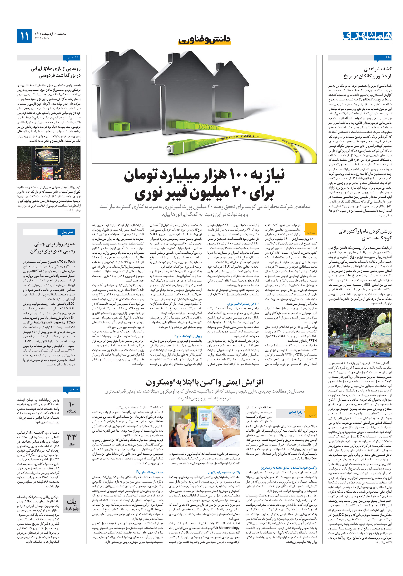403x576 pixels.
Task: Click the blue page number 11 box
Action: [x=24, y=36]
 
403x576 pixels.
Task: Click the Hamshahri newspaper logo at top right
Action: [x=367, y=36]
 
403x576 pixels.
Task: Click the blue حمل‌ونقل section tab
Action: [x=66, y=232]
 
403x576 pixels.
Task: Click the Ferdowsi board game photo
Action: [x=49, y=163]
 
